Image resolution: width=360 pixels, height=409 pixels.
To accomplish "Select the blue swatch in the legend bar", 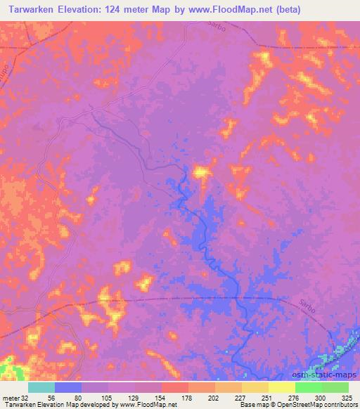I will coord(68,387).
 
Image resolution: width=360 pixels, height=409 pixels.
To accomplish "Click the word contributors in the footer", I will coord(336,405).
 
